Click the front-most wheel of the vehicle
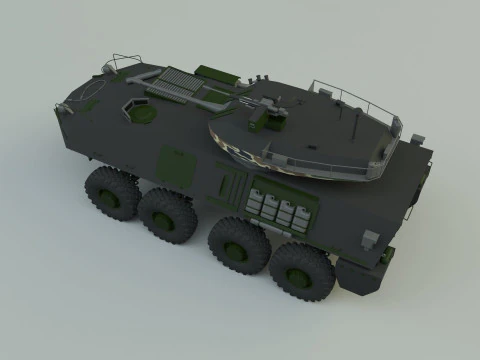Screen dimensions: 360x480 coord(110,192)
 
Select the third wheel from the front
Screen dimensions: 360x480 coord(237,243)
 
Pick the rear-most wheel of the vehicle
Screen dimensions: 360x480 coord(301,270)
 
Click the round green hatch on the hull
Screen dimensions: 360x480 coord(143,114)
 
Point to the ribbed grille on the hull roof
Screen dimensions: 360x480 coord(174,79)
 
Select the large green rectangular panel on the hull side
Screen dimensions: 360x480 coord(178,163)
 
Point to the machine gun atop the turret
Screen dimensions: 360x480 coord(269,103)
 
